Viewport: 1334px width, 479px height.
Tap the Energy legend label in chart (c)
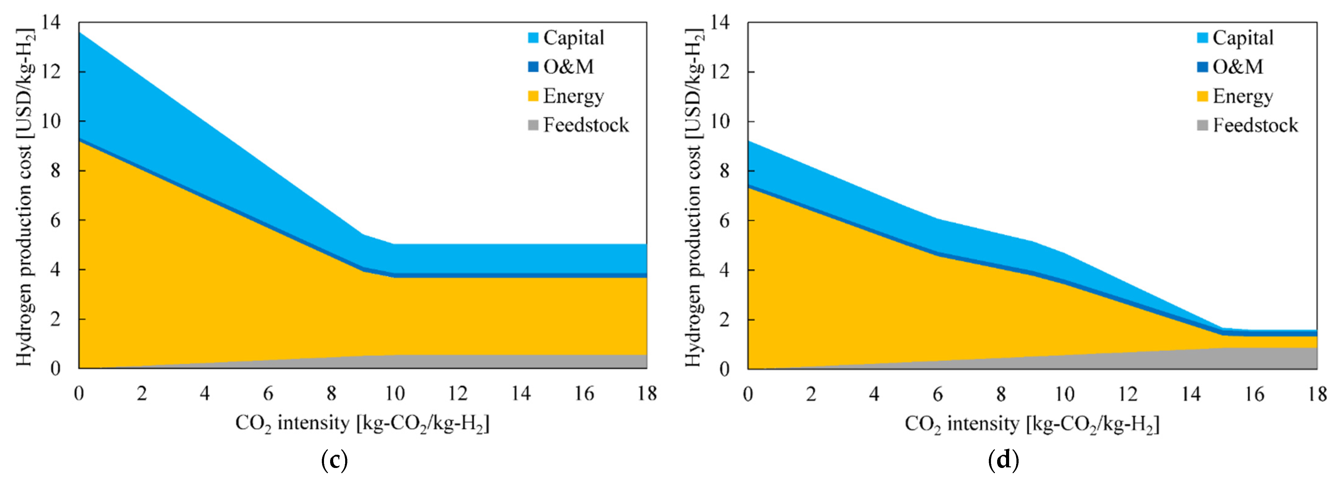(573, 96)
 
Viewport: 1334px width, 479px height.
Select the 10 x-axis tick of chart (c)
(395, 394)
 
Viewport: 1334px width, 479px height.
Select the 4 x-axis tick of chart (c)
(205, 394)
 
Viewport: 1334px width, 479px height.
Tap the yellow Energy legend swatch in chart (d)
(1202, 96)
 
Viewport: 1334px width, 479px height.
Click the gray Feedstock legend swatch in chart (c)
(533, 125)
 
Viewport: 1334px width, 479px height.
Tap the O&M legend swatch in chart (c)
(533, 67)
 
